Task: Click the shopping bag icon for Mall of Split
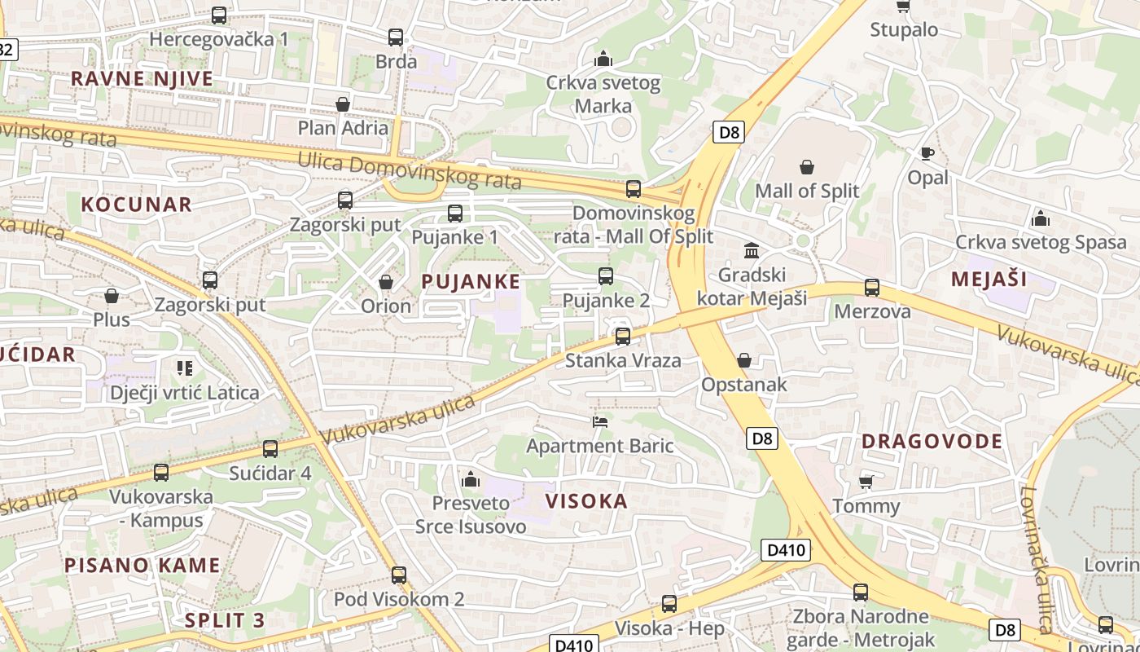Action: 807,167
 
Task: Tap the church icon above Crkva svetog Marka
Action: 603,59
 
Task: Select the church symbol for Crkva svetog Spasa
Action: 1040,218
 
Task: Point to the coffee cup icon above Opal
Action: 927,153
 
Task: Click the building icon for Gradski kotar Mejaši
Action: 752,250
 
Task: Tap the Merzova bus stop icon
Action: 872,287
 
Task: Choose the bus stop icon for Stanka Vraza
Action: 623,336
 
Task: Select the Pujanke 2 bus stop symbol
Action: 606,275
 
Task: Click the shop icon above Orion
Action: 386,282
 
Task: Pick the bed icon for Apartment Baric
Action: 600,421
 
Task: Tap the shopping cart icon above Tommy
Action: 866,482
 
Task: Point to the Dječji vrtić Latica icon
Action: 185,368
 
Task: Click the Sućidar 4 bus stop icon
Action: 270,448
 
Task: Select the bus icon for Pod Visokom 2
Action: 399,575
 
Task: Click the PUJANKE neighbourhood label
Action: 471,282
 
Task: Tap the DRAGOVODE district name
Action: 932,442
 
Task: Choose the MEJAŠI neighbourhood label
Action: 989,280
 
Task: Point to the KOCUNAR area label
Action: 136,205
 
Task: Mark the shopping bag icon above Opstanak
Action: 744,360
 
